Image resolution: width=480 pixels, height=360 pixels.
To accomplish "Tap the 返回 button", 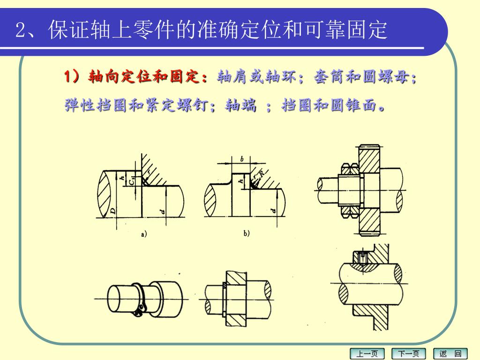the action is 450,353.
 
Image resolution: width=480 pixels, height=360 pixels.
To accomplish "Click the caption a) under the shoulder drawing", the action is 144,234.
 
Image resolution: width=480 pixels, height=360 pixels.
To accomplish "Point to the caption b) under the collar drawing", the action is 247,233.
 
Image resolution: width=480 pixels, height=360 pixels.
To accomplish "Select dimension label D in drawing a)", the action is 113,210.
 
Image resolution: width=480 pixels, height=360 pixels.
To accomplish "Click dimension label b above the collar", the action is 241,159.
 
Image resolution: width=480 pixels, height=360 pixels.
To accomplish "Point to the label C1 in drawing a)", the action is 132,181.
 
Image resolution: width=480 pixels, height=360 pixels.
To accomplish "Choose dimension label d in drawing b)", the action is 273,210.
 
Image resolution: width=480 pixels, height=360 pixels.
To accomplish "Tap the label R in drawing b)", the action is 262,173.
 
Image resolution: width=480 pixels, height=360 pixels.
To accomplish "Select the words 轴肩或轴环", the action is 256,76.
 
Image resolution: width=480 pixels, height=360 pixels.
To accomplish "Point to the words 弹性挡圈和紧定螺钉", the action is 136,105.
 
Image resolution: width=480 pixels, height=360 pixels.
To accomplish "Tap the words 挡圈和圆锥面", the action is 329,105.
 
